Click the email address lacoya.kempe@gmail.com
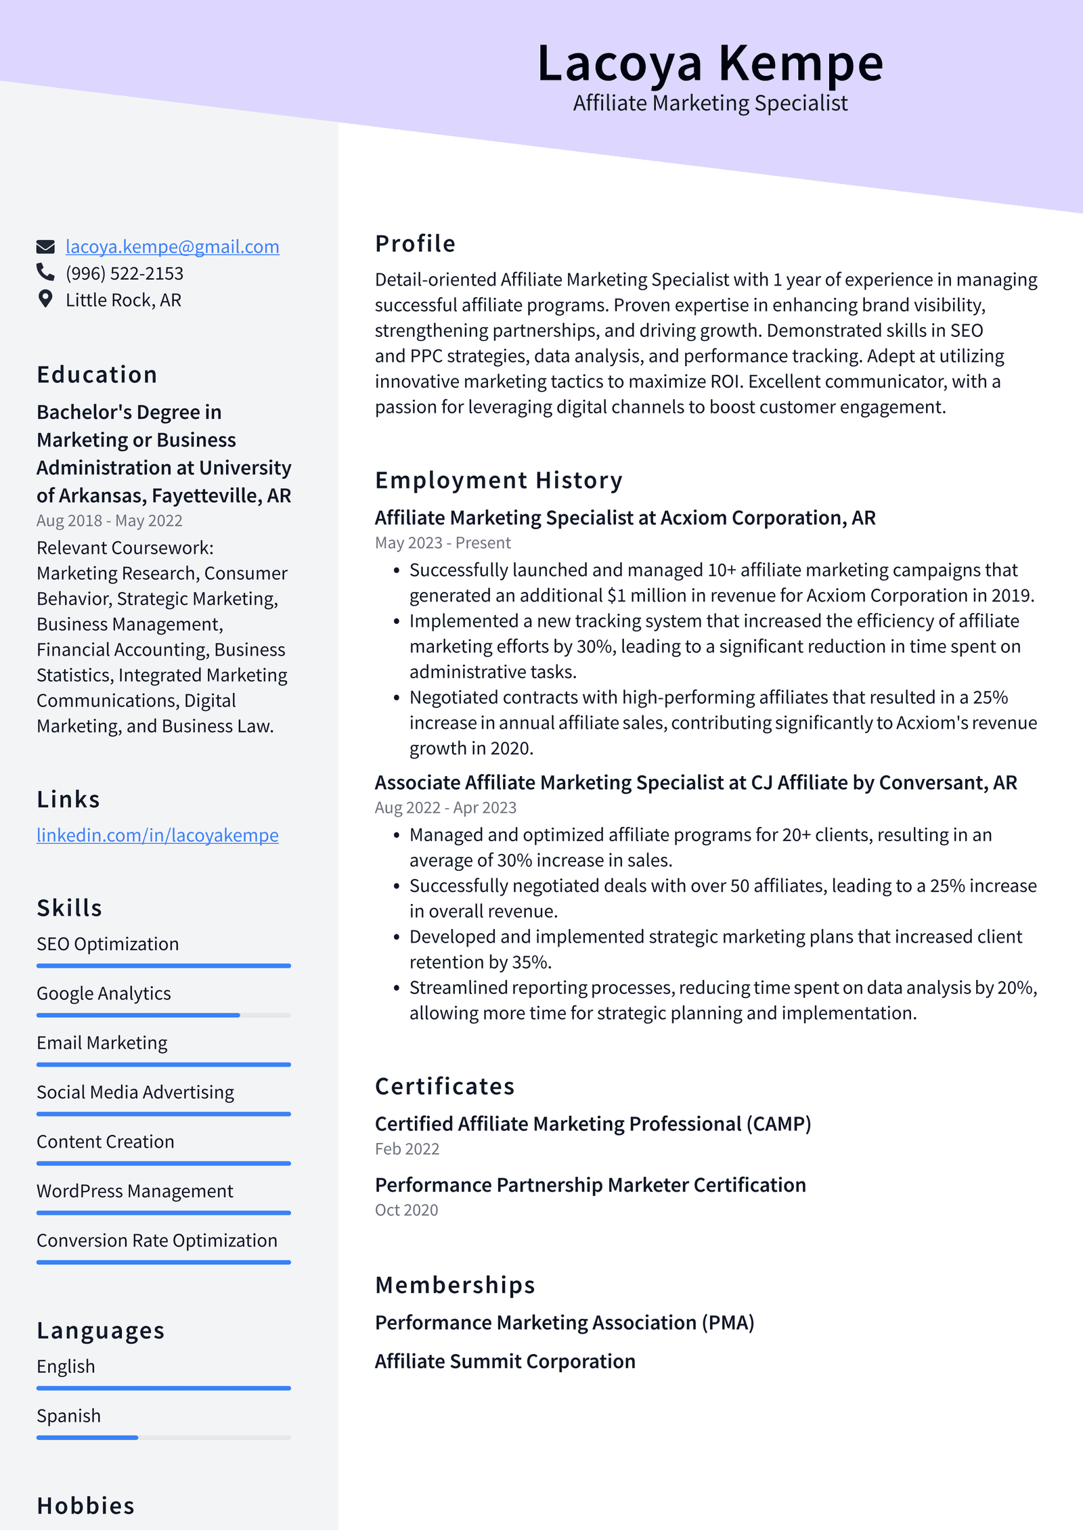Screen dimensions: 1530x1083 [x=172, y=247]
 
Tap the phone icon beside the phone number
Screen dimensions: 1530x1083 [x=45, y=272]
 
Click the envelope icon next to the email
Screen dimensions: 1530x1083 [x=45, y=246]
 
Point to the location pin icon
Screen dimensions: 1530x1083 [x=45, y=298]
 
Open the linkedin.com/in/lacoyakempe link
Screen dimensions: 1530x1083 [x=157, y=835]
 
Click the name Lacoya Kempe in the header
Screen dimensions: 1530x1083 [x=710, y=64]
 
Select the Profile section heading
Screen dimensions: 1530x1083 [x=415, y=244]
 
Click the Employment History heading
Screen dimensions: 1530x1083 [x=498, y=480]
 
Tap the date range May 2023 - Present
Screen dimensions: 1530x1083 [x=443, y=543]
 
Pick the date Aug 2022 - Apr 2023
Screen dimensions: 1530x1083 [x=445, y=807]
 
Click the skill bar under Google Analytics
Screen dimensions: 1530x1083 [x=163, y=1015]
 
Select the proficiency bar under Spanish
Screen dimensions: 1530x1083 [x=163, y=1437]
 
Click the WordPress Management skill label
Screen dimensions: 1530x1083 [x=135, y=1191]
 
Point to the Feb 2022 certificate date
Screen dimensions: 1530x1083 [x=407, y=1149]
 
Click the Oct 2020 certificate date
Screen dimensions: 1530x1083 [x=406, y=1210]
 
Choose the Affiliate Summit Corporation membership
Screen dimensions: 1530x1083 [x=505, y=1361]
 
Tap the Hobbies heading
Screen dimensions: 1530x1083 [x=85, y=1506]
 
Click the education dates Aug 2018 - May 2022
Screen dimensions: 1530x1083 [x=109, y=520]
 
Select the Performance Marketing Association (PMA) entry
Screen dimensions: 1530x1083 [x=564, y=1322]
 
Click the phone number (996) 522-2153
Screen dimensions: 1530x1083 [x=125, y=273]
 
